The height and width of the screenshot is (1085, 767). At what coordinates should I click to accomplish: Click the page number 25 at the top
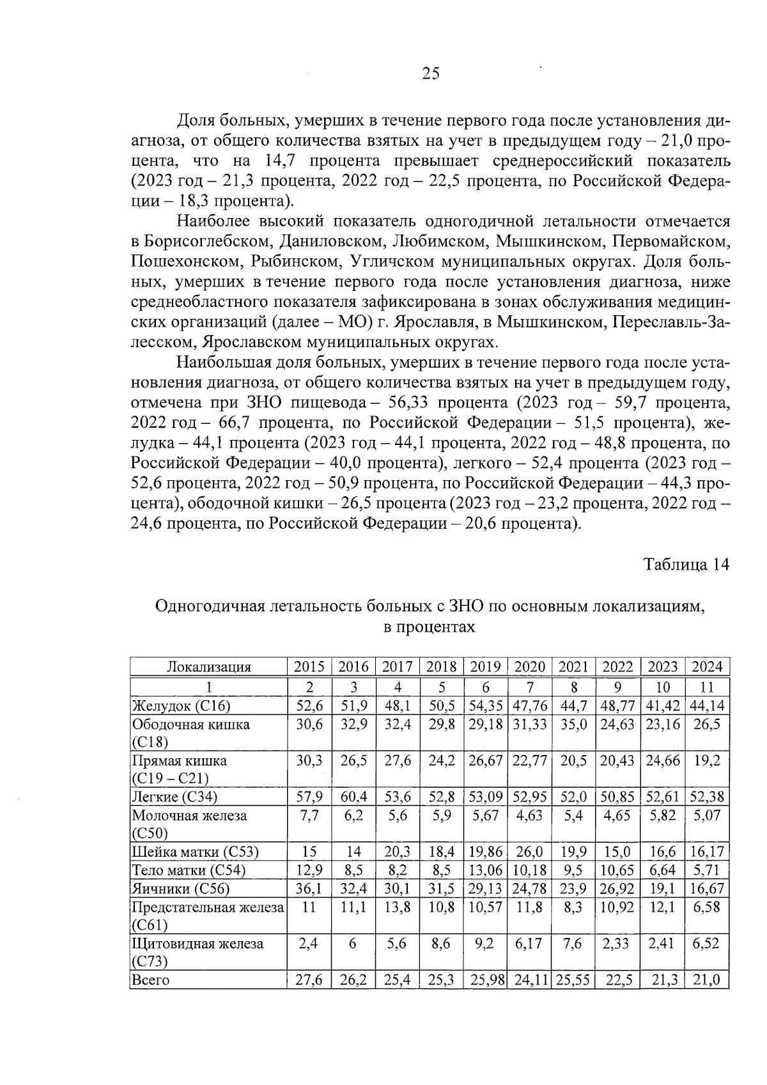coord(430,74)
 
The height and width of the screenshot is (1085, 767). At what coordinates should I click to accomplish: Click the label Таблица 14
coord(686,565)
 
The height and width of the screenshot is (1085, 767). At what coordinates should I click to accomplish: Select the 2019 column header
coord(485,667)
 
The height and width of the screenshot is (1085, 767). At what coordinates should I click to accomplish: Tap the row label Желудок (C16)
coord(181,706)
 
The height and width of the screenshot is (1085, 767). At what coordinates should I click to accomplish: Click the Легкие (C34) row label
coord(174,797)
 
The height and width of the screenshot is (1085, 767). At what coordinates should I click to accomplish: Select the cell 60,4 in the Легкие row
coord(353,797)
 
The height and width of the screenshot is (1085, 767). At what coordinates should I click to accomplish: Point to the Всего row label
coord(151,980)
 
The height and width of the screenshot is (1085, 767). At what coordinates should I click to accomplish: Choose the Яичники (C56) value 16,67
coord(707,888)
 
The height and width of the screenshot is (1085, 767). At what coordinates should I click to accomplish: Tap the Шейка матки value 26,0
coord(529,852)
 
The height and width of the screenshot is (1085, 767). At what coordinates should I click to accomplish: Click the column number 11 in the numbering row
coord(707,687)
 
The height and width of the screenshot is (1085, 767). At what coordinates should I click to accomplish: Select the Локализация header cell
coord(208,667)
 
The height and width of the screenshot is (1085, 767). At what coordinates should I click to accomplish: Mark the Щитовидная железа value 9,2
coord(485,944)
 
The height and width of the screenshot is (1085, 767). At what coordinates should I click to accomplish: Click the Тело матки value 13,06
coord(485,870)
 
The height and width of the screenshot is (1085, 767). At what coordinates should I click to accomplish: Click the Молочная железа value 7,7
coord(309,816)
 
